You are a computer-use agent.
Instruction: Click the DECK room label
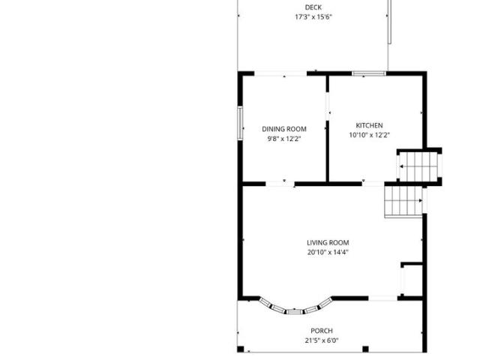(x=313, y=7)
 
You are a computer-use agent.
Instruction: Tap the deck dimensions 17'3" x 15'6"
(x=313, y=16)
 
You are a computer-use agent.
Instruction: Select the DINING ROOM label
(x=284, y=129)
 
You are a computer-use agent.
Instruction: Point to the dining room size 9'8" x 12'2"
(x=284, y=139)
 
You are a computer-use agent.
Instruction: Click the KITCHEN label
(x=369, y=125)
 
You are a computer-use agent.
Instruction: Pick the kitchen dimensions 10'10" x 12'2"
(x=369, y=135)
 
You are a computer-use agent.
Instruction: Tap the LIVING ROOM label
(x=328, y=243)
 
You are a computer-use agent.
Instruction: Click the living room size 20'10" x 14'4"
(x=328, y=252)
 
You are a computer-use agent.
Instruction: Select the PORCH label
(x=322, y=331)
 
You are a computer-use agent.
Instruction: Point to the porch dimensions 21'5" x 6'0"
(x=322, y=340)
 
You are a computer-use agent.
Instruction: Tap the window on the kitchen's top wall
(x=369, y=73)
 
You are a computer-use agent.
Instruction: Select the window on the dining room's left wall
(x=240, y=123)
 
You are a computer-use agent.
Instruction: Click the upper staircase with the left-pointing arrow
(x=419, y=166)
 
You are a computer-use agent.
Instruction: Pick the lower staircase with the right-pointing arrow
(x=403, y=202)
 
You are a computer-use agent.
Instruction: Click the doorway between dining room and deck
(x=280, y=73)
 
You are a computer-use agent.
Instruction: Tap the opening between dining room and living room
(x=280, y=184)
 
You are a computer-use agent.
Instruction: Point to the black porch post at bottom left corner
(x=241, y=349)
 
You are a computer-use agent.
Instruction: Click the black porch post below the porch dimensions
(x=365, y=349)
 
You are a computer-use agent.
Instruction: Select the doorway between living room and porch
(x=382, y=298)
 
